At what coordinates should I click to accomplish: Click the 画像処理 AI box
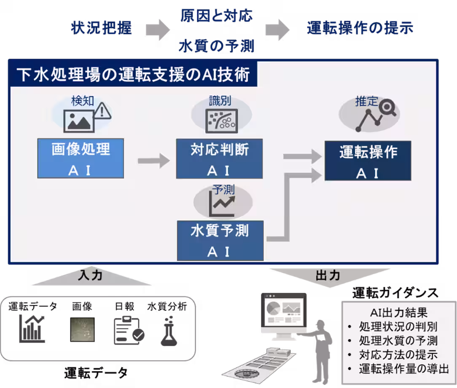point(81,159)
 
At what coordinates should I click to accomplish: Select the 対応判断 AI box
point(219,159)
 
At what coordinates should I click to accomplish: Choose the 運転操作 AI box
point(368,161)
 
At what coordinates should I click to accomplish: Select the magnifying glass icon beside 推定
point(387,108)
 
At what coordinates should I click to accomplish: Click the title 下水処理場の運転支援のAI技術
point(133,75)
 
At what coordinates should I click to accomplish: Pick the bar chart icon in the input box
point(32,329)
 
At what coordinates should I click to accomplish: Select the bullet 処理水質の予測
point(398,341)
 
